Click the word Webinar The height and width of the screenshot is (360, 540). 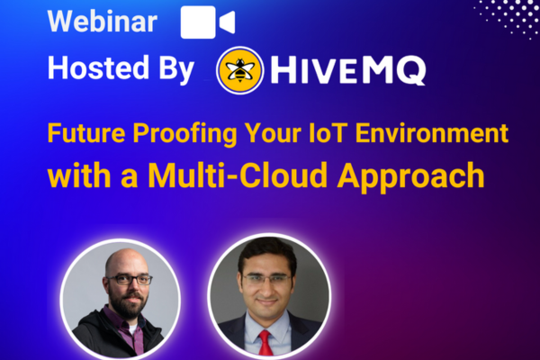coord(103,22)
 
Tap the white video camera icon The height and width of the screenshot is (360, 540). coord(208,22)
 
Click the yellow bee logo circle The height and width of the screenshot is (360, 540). coord(240,70)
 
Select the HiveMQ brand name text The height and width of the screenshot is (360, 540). coord(347,70)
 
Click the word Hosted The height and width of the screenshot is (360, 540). coord(98,67)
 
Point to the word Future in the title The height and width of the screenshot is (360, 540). coord(86,133)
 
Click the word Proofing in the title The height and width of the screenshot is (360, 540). coord(184,134)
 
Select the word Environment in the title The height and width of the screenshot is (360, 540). coord(432,133)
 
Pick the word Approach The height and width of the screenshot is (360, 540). coord(411,176)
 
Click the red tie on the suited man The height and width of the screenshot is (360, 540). coord(265,342)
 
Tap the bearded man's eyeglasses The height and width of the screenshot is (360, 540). coord(129,279)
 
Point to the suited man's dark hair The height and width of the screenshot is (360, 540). coord(267,253)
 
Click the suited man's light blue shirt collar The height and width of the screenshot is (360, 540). coord(267,328)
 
